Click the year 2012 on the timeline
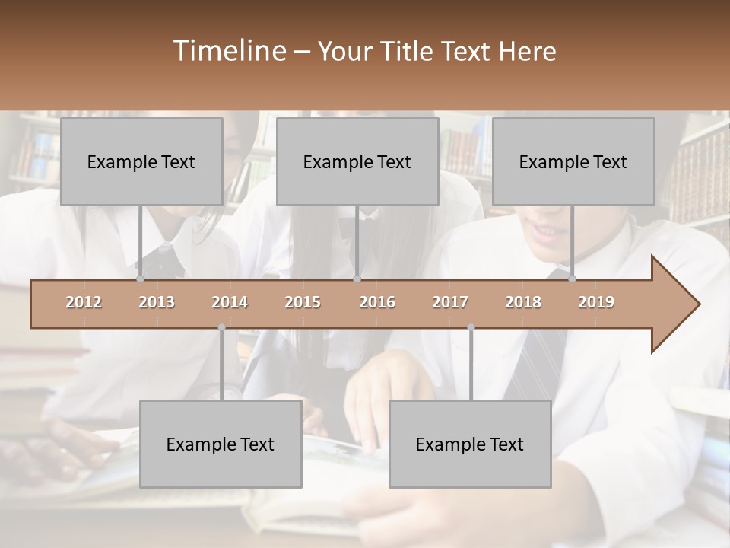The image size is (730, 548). pyautogui.click(x=84, y=302)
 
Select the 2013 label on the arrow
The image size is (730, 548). pyautogui.click(x=157, y=302)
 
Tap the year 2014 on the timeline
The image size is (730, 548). pyautogui.click(x=230, y=302)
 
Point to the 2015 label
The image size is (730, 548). pyautogui.click(x=303, y=302)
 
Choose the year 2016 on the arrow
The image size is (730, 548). pyautogui.click(x=377, y=302)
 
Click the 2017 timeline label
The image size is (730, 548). pyautogui.click(x=450, y=302)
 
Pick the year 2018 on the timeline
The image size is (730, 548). pyautogui.click(x=523, y=302)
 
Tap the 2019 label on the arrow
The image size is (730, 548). pyautogui.click(x=596, y=302)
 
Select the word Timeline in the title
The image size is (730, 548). pyautogui.click(x=229, y=51)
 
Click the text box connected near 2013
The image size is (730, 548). pyautogui.click(x=141, y=161)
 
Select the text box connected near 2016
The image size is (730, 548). pyautogui.click(x=357, y=161)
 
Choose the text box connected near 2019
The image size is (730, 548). pyautogui.click(x=573, y=161)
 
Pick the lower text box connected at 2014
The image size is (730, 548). pyautogui.click(x=221, y=444)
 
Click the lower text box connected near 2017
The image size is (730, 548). pyautogui.click(x=470, y=444)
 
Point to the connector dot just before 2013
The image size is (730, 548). pyautogui.click(x=140, y=279)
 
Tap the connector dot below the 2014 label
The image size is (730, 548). pyautogui.click(x=221, y=327)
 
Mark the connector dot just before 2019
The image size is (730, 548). pyautogui.click(x=572, y=279)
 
